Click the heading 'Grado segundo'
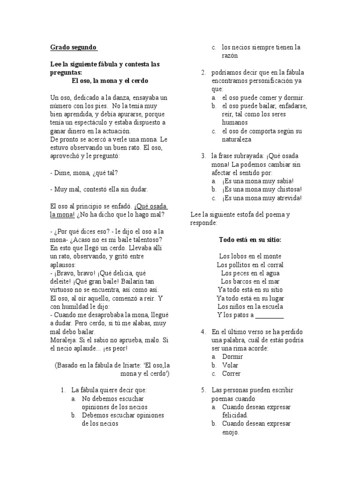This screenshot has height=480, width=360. pos(74,47)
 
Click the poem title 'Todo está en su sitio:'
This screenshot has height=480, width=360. pos(250,240)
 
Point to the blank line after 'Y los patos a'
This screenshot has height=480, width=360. pos(269,315)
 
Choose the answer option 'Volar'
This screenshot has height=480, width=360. pos(230,365)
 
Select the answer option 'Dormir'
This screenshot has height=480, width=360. pos(232,357)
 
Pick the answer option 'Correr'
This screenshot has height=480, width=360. pos(231,374)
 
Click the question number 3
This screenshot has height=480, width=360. pos(203,156)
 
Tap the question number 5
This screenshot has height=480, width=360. pos(203,390)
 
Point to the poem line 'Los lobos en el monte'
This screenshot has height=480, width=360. pos(250,256)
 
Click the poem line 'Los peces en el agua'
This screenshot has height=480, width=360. pos(250,273)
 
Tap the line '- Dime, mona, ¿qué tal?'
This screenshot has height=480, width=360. pos(84,172)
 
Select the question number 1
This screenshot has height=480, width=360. pos(62,390)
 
